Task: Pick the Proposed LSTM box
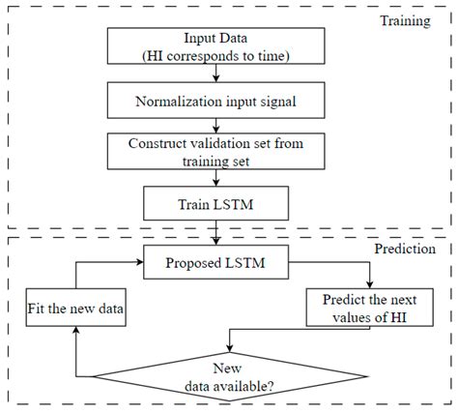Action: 214,260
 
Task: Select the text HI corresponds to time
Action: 215,55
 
